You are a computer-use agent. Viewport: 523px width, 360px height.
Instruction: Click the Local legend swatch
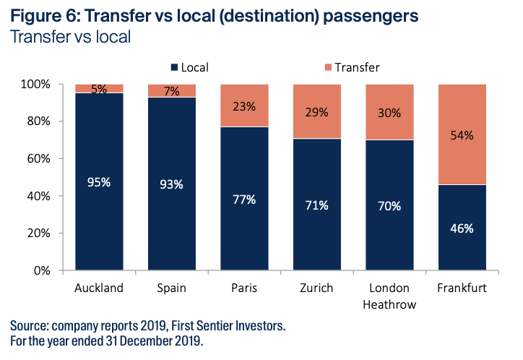pyautogui.click(x=174, y=67)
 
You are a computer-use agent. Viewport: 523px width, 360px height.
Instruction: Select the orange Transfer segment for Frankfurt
pyautogui.click(x=462, y=134)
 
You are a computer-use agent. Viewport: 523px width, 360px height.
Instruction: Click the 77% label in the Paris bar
pyautogui.click(x=243, y=200)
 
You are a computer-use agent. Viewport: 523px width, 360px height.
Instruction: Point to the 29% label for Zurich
pyautogui.click(x=316, y=112)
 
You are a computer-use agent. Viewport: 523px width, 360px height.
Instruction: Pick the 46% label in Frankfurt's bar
pyautogui.click(x=461, y=228)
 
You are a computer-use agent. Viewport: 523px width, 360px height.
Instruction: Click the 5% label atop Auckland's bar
pyautogui.click(x=99, y=90)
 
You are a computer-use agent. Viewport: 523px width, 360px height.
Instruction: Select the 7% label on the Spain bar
pyautogui.click(x=171, y=91)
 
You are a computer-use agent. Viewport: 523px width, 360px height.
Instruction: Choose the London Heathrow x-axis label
pyautogui.click(x=389, y=296)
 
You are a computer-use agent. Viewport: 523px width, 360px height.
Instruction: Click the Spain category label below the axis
pyautogui.click(x=171, y=288)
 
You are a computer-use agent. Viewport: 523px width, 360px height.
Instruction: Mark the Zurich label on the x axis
pyautogui.click(x=316, y=288)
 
